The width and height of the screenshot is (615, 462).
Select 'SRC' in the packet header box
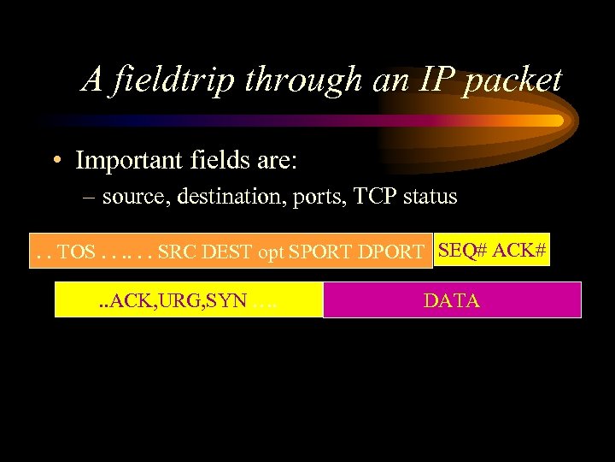[176, 252]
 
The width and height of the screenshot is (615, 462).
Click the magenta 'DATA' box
[452, 300]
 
